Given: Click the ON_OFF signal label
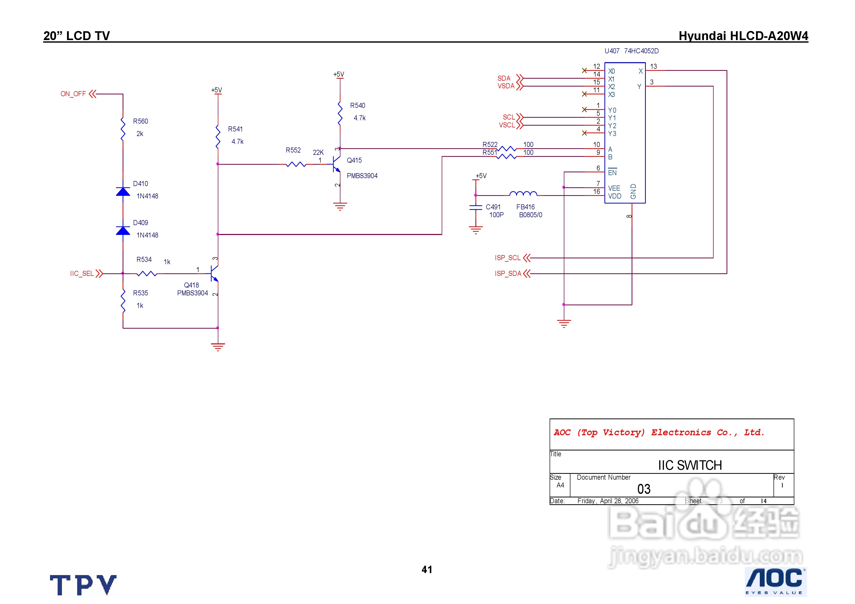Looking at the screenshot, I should [x=73, y=94].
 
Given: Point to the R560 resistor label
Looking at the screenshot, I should [x=140, y=121].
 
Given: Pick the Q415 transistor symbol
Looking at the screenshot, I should [x=336, y=164].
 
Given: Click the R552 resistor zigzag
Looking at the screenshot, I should [x=296, y=164].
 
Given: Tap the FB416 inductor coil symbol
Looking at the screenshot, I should [x=523, y=194].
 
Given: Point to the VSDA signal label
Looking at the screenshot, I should [x=506, y=86].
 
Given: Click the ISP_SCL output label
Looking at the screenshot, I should [x=507, y=258].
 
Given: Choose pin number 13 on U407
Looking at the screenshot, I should [x=653, y=66].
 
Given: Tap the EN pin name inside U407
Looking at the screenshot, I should [x=612, y=172].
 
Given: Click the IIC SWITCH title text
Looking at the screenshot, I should [x=690, y=465].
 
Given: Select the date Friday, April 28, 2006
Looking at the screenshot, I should [x=608, y=501].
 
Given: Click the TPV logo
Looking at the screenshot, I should [x=83, y=585].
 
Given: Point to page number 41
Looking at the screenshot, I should [x=427, y=569].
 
